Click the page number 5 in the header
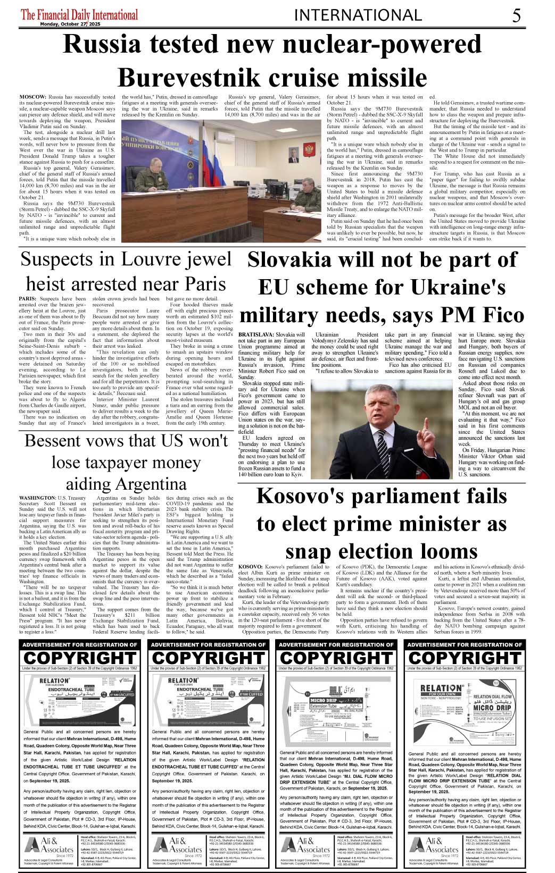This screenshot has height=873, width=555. click(516, 15)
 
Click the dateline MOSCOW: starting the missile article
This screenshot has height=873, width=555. click(32, 97)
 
